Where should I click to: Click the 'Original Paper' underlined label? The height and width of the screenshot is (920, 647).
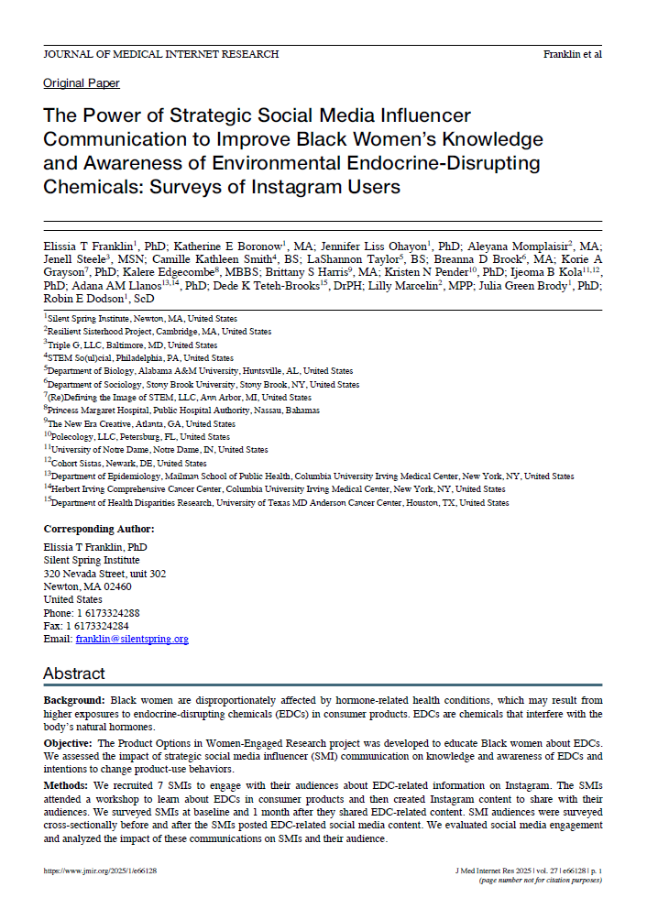(x=82, y=83)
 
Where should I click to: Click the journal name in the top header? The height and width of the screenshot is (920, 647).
(x=161, y=54)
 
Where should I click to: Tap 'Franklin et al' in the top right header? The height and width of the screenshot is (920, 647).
(x=572, y=54)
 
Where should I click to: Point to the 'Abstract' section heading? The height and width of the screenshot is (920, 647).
(x=76, y=674)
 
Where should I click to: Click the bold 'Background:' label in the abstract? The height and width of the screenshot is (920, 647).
(x=76, y=700)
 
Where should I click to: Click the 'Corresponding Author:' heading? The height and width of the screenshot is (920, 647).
(x=99, y=529)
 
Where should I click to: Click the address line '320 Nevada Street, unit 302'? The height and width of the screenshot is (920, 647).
(x=104, y=574)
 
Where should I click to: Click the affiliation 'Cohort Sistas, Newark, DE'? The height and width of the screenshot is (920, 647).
(x=103, y=464)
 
